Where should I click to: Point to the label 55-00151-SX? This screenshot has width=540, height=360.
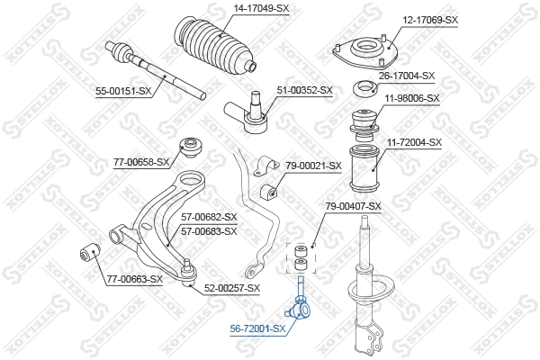121,91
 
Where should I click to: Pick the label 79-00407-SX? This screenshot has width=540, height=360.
353,206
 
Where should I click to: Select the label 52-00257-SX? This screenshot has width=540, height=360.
231,288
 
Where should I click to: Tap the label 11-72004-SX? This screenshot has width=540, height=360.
414,142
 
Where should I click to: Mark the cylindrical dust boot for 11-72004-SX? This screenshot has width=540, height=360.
366,167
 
